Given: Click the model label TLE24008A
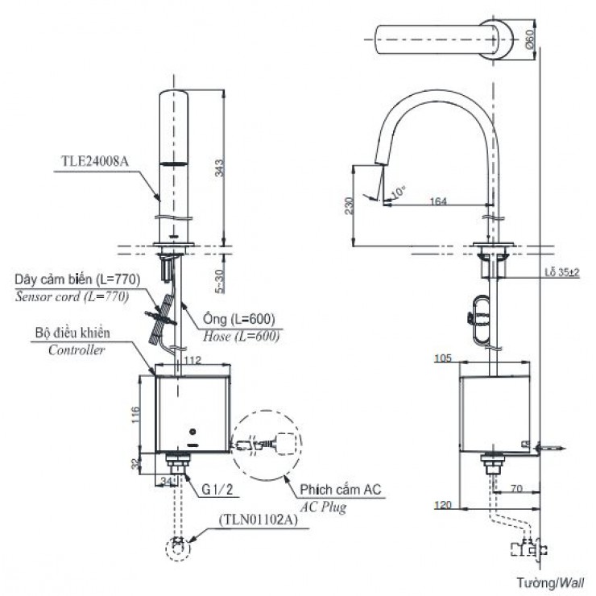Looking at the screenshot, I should (94, 159).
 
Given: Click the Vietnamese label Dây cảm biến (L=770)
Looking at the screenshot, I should (77, 279).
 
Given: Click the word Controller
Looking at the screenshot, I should (77, 350).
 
